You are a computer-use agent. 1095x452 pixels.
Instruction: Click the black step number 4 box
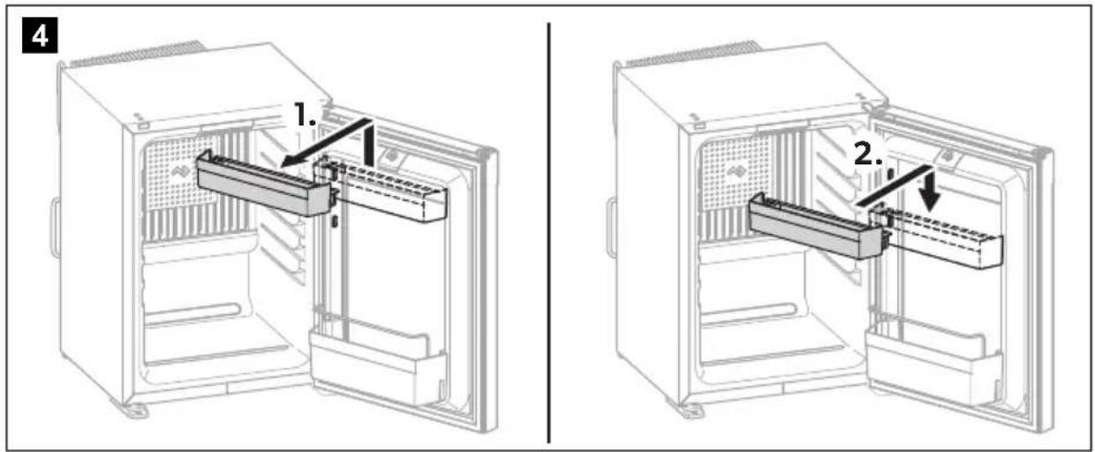pos(40,34)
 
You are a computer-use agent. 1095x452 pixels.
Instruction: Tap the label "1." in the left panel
pos(306,115)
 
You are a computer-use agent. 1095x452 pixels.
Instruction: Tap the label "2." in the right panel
pos(869,154)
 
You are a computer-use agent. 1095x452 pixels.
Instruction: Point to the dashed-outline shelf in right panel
pos(936,236)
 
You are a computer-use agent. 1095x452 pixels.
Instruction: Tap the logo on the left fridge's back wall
pos(182,172)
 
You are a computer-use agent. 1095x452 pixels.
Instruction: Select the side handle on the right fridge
pos(611,226)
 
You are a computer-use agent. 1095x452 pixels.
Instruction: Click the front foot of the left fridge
pos(134,410)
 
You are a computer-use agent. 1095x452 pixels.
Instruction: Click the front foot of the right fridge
pos(691,410)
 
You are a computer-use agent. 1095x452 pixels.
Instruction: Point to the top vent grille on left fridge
pos(138,54)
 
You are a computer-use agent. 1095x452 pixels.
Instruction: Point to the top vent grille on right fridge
pos(693,54)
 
